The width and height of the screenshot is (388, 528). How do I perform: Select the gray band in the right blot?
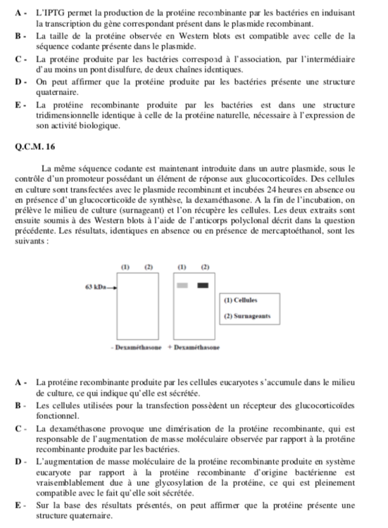(x=182, y=286)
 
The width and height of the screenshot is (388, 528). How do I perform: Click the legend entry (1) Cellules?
(x=242, y=301)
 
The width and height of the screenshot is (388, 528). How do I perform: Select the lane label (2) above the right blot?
(x=205, y=268)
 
